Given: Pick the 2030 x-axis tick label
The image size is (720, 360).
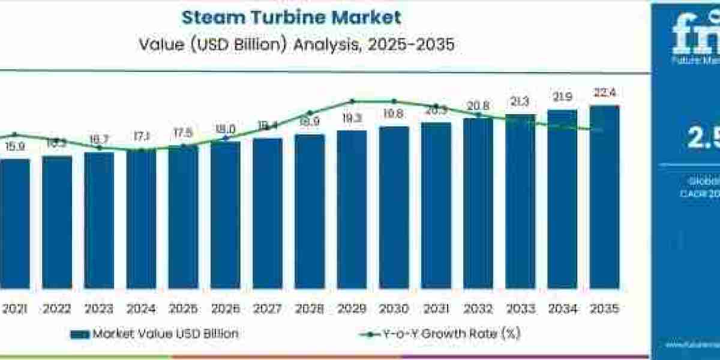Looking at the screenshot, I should pos(394,309).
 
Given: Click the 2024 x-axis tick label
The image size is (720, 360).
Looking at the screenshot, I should pos(141,309).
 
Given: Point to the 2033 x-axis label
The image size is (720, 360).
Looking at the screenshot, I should pos(520,309).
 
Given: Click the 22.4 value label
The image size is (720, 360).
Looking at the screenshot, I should pos(604,92).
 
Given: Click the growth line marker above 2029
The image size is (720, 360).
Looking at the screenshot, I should pos(352,101).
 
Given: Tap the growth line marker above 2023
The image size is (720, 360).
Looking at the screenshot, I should pos(100,148).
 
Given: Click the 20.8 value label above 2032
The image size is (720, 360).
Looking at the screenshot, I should pos(478,106).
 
